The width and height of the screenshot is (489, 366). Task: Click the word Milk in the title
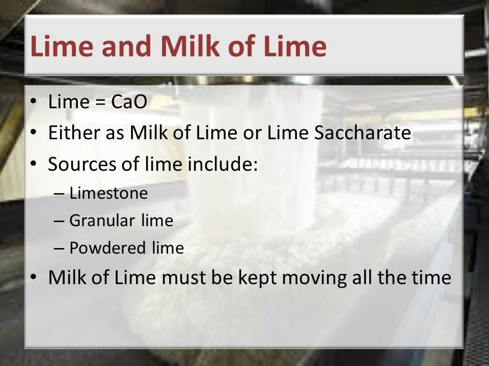tap(190, 46)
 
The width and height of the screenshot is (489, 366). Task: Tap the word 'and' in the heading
tap(127, 46)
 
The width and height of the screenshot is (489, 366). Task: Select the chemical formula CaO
tap(129, 102)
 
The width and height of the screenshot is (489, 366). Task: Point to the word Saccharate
tap(362, 133)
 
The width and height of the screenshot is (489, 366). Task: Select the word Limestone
tap(108, 193)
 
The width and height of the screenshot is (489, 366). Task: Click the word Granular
tap(102, 220)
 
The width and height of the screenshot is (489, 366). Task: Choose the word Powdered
tap(107, 248)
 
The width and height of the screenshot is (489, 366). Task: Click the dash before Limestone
tap(59, 194)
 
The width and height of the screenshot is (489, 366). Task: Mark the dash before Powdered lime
tap(59, 249)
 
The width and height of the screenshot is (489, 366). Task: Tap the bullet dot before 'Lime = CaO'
tap(34, 101)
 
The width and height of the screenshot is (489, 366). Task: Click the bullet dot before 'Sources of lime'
tap(34, 163)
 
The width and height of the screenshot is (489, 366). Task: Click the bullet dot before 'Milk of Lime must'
tap(34, 277)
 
